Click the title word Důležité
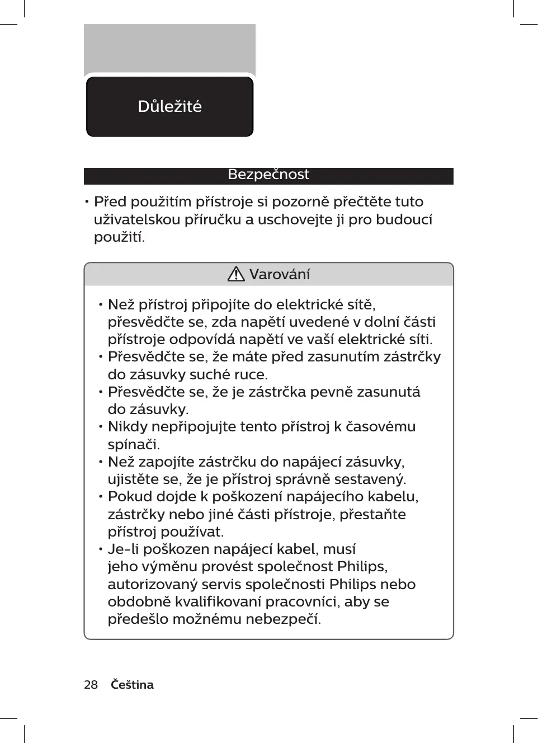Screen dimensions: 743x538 [169, 106]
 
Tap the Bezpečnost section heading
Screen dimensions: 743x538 [268, 175]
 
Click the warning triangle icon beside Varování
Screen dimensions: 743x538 [236, 274]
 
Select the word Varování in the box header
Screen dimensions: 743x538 [279, 274]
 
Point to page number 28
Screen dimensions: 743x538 [91, 684]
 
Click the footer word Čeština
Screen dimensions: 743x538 [132, 684]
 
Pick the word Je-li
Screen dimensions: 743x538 [123, 549]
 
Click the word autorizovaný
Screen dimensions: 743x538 [152, 584]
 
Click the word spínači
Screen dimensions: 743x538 [134, 444]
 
